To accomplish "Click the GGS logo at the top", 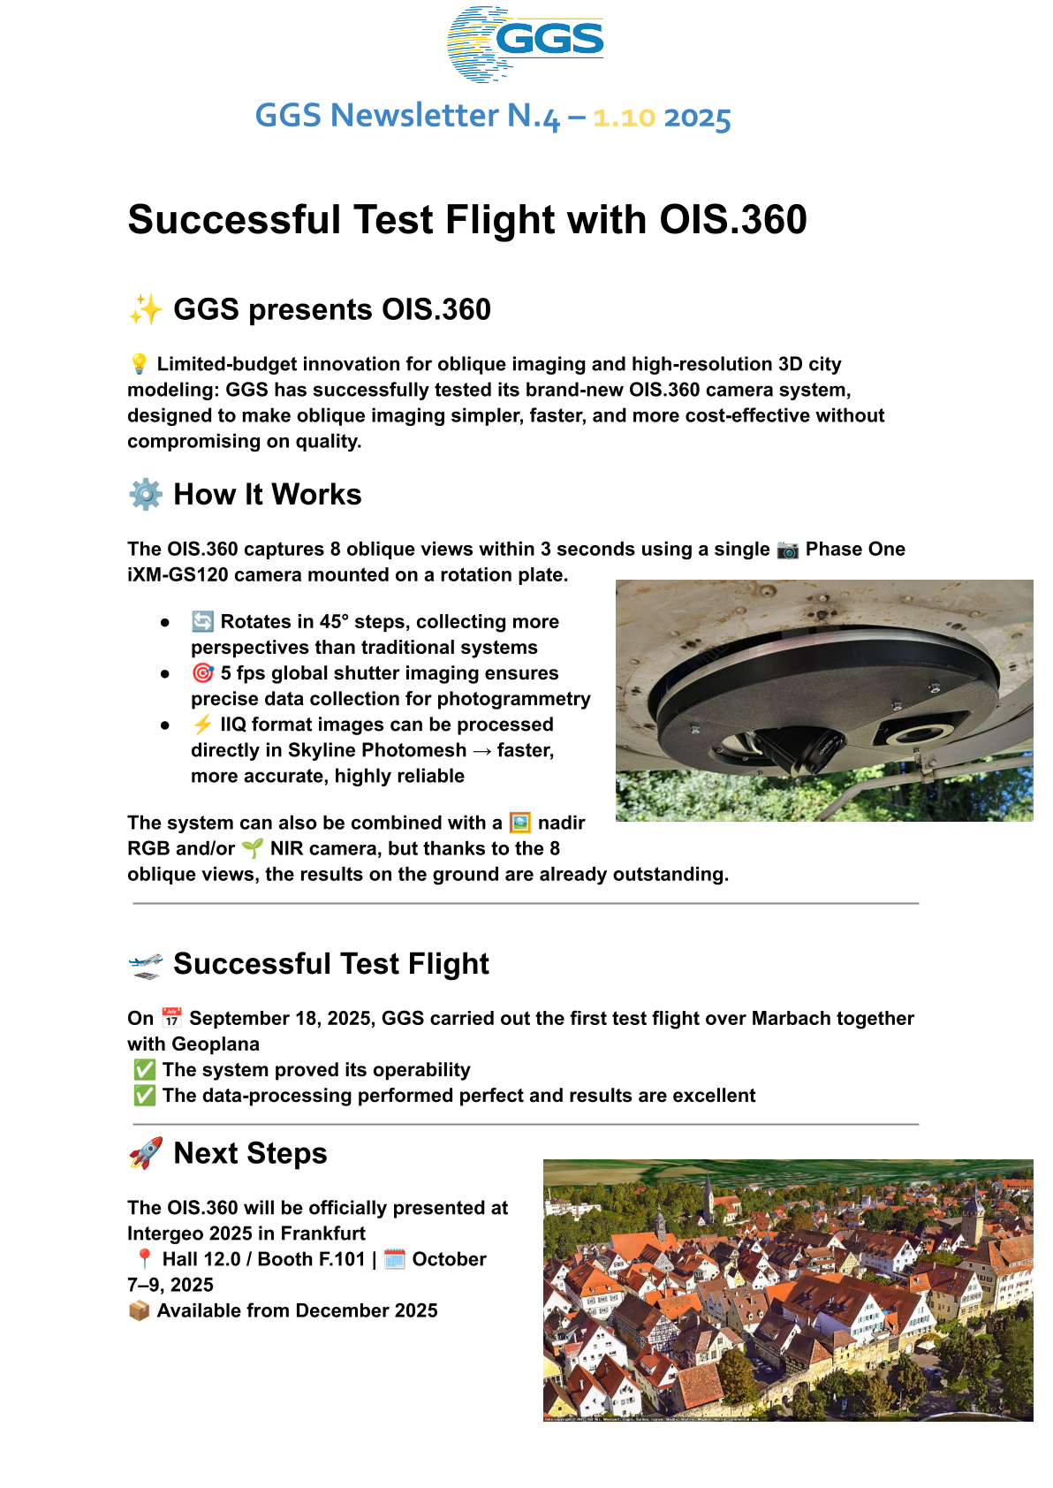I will click(x=526, y=43).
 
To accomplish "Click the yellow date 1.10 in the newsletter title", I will click(x=624, y=118).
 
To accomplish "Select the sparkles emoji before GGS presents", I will click(x=146, y=310).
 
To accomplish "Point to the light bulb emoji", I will click(x=139, y=364).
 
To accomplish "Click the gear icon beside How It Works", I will click(x=146, y=495).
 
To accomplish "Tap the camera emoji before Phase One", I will click(x=787, y=550).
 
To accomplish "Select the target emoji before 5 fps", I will click(x=202, y=673).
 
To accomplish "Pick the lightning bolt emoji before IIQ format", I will click(x=202, y=725).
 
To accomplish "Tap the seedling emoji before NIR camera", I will click(x=252, y=849).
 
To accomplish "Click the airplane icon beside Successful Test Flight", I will click(x=146, y=965).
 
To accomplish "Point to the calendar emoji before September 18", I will click(x=171, y=1018).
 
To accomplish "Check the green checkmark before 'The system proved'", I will click(x=144, y=1070).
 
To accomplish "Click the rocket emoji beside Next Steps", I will click(x=146, y=1154).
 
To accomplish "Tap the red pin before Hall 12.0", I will click(x=144, y=1259).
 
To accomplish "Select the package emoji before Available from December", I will click(x=139, y=1310).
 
